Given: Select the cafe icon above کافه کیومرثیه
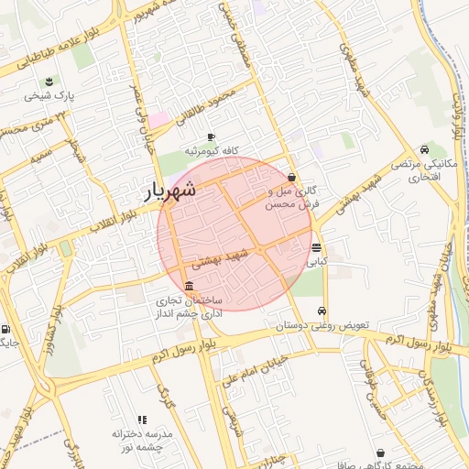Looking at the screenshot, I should pos(212,136).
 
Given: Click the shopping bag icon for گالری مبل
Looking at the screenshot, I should pos(292,178).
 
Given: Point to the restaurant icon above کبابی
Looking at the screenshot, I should pos(316,248).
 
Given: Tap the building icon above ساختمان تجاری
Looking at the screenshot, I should pos(189,285).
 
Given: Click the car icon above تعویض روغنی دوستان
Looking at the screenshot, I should pos(322,310).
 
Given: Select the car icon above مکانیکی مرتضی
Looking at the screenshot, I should pos(423,149).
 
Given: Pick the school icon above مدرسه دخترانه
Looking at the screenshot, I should pos(142,419).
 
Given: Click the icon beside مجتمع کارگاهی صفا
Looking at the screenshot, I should pos(381,453).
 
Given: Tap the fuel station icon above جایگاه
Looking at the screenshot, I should pos(6,330).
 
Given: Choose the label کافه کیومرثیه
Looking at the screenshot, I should pos(212,150).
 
